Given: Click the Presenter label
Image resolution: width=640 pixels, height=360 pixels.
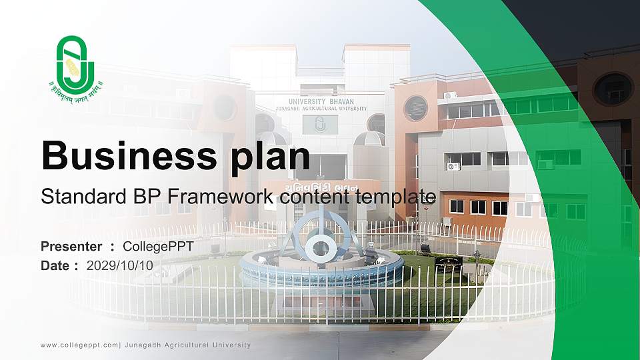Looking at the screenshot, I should point(71,247).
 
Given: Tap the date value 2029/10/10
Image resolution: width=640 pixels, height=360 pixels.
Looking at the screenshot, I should point(120,265).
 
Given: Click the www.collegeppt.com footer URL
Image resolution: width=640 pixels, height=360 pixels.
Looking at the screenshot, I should point(79,345).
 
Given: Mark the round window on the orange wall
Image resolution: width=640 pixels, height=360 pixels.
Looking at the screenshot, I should point(415,108).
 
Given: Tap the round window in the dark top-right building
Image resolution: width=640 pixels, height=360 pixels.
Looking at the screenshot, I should point(613,89).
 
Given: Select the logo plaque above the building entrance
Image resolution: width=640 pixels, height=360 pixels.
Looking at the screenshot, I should point(320,125).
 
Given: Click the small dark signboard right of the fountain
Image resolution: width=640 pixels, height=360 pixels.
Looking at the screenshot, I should point(448,263).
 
